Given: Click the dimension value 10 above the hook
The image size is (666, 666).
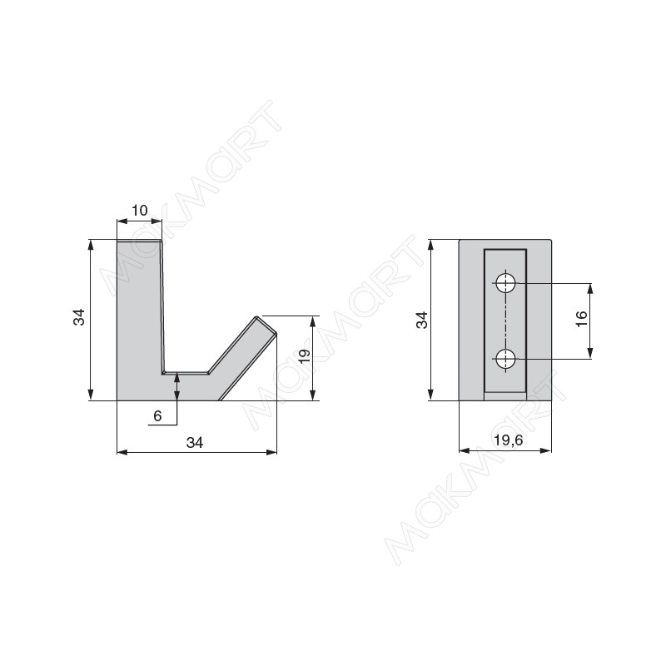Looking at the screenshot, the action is [139, 211].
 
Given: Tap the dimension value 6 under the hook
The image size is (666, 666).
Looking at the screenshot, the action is [157, 415].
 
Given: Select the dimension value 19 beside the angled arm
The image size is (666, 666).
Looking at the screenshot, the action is [305, 356].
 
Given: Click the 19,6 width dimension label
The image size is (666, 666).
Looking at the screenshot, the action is [509, 440].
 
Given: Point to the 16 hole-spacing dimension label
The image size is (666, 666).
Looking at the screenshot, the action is [582, 319].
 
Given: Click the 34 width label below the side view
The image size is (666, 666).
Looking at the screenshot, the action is [195, 443].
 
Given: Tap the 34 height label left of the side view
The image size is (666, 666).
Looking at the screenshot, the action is [79, 317].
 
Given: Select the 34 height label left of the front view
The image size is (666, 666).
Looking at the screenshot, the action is [422, 320].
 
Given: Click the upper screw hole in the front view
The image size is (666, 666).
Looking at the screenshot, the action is [505, 283].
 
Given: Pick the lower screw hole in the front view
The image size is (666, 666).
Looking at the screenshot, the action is [505, 359].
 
